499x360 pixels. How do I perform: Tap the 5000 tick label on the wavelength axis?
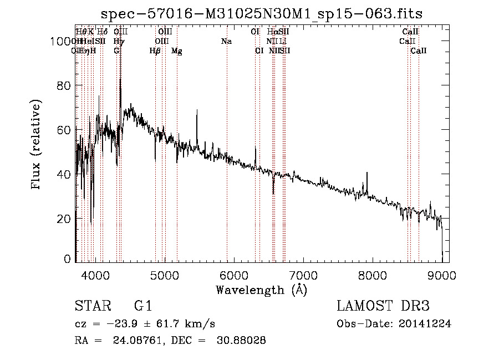click(165, 273)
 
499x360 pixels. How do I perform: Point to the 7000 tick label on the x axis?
click(303, 273)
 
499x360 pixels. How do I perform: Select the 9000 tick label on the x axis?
click(442, 273)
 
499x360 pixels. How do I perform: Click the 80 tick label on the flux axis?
click(64, 85)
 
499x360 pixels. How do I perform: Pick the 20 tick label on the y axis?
click(64, 219)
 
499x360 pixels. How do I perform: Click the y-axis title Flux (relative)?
click(37, 146)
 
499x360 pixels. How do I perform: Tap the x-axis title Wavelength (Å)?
click(261, 290)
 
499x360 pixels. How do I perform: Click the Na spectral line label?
click(226, 42)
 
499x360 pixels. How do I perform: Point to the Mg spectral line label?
click(177, 51)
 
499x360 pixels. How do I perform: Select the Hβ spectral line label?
click(155, 51)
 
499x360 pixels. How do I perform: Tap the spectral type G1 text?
click(144, 306)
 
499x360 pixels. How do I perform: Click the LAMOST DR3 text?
click(383, 306)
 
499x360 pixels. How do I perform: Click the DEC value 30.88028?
click(241, 341)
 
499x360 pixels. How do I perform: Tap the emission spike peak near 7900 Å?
click(366, 173)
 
